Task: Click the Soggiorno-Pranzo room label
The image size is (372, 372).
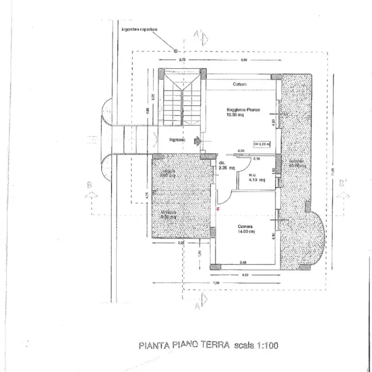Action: tap(242, 110)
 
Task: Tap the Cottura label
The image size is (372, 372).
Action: tap(239, 84)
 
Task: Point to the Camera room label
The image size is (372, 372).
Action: tap(245, 226)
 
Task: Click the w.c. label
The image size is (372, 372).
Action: tap(253, 175)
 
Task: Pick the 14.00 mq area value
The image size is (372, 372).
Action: tap(246, 232)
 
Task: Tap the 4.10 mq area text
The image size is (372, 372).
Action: tap(257, 180)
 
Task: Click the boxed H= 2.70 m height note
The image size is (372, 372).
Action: tap(262, 144)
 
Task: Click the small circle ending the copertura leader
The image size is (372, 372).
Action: tap(176, 51)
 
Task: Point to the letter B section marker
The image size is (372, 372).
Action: tap(89, 184)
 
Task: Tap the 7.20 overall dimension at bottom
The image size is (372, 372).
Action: tap(216, 282)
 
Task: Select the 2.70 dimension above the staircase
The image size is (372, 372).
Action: tap(182, 60)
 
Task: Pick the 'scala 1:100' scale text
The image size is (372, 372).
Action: tap(256, 345)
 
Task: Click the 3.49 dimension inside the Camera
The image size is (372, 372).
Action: tap(243, 262)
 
